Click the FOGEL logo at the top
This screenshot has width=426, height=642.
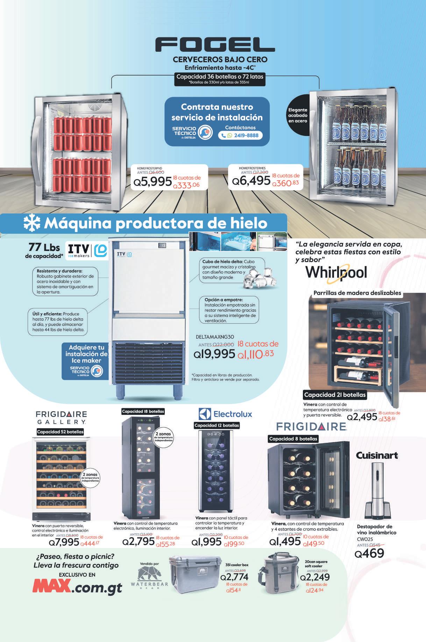coord(215,45)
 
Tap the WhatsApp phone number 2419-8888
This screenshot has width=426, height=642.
coord(241,135)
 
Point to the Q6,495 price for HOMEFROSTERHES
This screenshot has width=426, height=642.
coord(251,180)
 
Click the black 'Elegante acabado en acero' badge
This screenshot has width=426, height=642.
coord(298,115)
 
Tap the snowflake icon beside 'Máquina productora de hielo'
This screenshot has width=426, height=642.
coord(32,223)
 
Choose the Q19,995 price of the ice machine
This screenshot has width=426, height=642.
coord(214,354)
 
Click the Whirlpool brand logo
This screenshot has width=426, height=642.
coord(336,273)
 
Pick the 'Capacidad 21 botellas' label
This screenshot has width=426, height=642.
coord(335,395)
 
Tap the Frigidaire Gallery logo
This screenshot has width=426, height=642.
coord(62,418)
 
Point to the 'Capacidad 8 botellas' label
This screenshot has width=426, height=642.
coord(293,439)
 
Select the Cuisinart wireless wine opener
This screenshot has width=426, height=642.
coord(376,491)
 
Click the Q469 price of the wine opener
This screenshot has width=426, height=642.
coord(369,553)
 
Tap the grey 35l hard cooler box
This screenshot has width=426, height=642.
coord(195,575)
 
